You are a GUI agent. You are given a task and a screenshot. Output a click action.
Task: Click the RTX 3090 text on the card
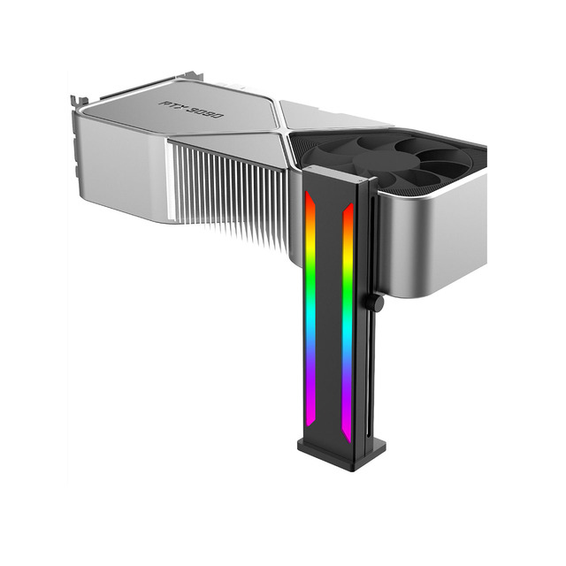[x=192, y=110]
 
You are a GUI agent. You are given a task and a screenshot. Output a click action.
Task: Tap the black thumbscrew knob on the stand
[x=376, y=302]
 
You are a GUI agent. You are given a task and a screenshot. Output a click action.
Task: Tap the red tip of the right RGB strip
[x=348, y=212]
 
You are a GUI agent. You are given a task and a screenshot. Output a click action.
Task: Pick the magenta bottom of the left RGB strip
[x=310, y=408]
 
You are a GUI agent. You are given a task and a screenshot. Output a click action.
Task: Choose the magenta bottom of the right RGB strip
[x=347, y=426]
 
